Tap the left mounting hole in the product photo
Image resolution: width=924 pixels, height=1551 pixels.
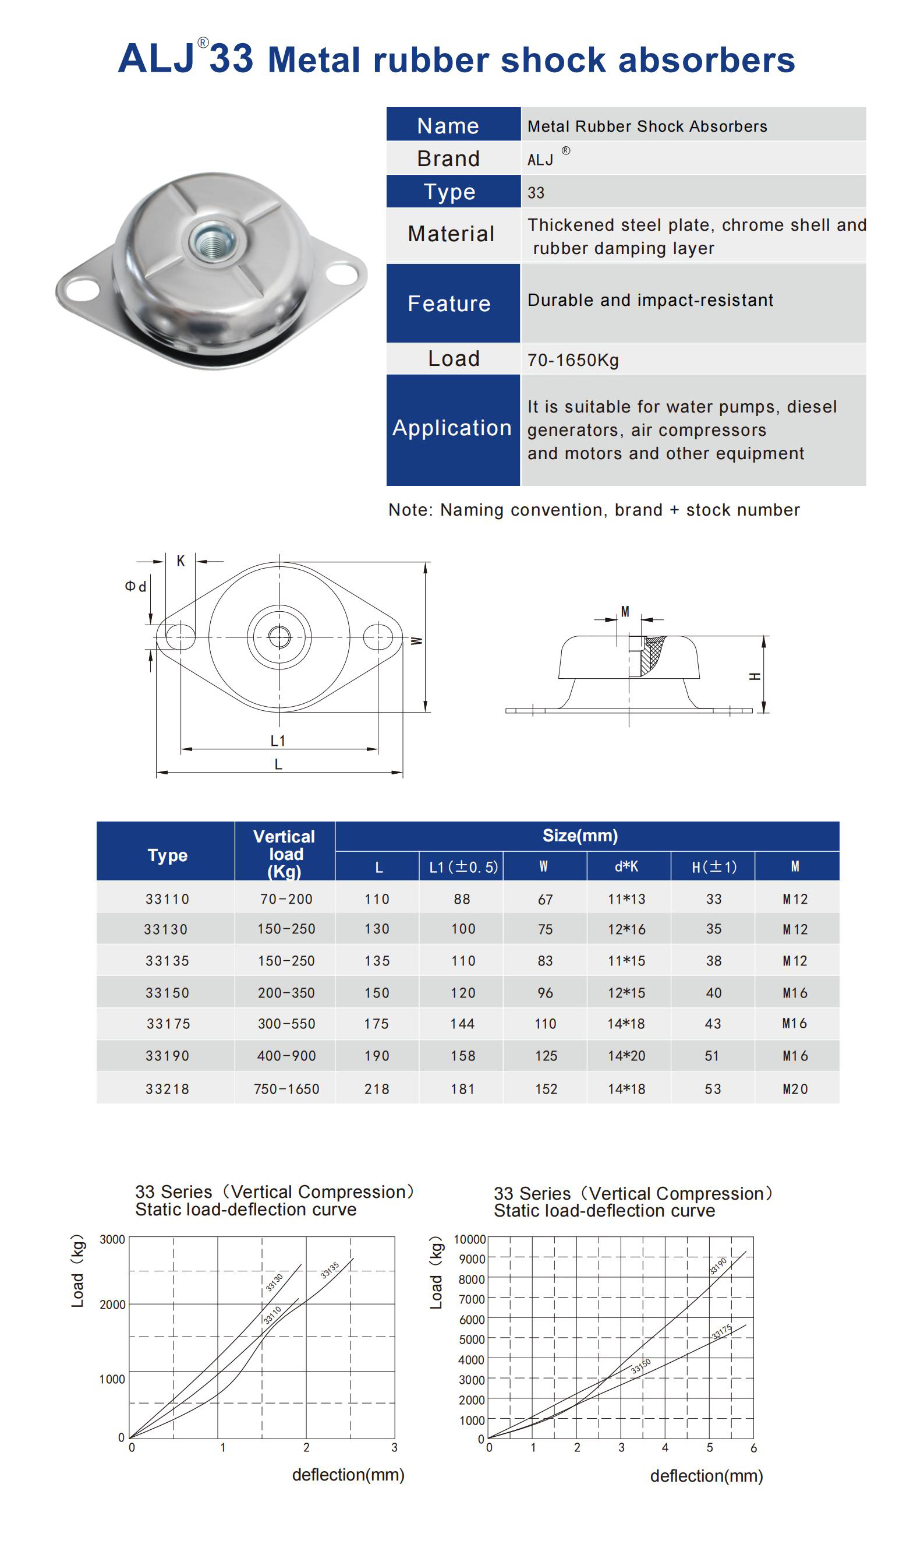click(x=82, y=288)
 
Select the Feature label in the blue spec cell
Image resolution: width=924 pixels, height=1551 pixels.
click(x=449, y=304)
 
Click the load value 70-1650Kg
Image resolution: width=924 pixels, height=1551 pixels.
click(x=573, y=360)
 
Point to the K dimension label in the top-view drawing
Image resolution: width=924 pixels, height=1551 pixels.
click(x=180, y=561)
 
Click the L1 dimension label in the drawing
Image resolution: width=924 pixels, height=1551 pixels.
click(x=278, y=741)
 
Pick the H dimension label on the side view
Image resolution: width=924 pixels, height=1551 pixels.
click(x=755, y=676)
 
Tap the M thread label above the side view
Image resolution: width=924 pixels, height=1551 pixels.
click(x=625, y=611)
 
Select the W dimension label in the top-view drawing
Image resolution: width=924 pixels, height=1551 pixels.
click(x=416, y=640)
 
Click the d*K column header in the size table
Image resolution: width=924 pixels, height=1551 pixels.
click(x=626, y=866)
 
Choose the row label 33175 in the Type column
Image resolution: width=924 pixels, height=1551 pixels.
click(x=168, y=1023)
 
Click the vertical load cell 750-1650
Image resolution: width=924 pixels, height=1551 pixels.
click(x=286, y=1089)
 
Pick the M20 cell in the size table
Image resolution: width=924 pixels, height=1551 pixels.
click(x=795, y=1089)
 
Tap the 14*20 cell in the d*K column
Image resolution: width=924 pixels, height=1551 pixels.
click(x=626, y=1056)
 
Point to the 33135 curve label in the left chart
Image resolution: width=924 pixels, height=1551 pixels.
click(x=330, y=1270)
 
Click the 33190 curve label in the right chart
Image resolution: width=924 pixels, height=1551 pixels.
click(x=718, y=1266)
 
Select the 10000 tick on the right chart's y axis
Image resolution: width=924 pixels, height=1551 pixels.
click(x=469, y=1239)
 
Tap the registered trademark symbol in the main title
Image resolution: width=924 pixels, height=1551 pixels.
click(x=203, y=43)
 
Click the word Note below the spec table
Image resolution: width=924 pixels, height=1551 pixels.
click(x=410, y=510)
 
